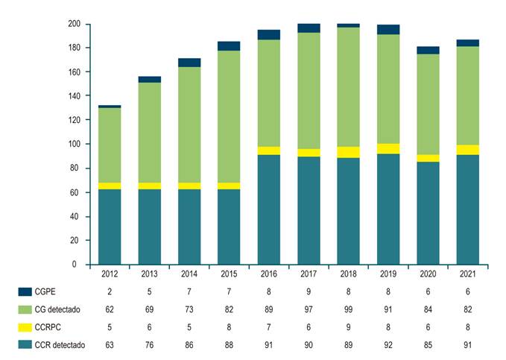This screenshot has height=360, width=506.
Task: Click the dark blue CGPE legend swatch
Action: point(25,292)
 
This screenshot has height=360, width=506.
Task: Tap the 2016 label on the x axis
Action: point(268,274)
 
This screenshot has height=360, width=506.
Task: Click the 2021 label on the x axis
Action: point(467,274)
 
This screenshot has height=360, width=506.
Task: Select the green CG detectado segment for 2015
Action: point(229,116)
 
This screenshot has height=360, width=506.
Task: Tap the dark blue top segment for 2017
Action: point(309,28)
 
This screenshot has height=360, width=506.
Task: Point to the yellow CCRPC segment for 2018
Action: point(348,152)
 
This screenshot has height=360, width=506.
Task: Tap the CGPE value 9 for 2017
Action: point(309,292)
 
